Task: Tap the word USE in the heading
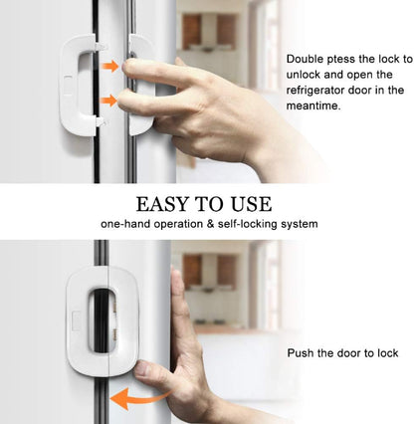click(249, 204)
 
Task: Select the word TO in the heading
click(210, 204)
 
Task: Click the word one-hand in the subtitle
click(125, 225)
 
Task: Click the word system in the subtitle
click(298, 225)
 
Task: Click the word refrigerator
click(320, 91)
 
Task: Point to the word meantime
click(314, 106)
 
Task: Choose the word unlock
click(305, 75)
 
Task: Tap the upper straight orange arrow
click(108, 67)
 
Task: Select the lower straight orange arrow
click(108, 100)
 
